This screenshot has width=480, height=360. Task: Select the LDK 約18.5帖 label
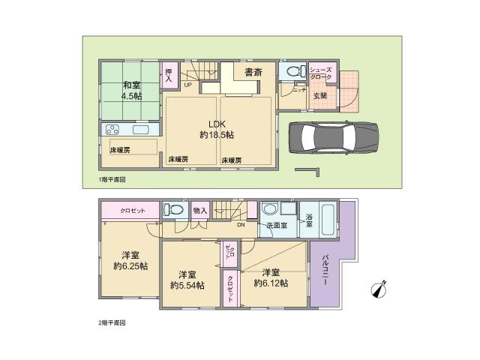[x=216, y=129]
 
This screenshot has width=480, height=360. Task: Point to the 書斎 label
[x=253, y=73]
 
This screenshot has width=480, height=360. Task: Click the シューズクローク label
[x=324, y=73]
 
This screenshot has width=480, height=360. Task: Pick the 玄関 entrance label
[x=320, y=94]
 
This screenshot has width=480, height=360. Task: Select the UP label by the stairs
[x=187, y=85]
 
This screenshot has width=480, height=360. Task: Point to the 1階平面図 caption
[x=112, y=180]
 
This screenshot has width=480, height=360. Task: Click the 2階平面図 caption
[x=112, y=323]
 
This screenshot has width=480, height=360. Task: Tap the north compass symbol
[x=379, y=289]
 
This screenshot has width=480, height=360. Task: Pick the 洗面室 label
[x=274, y=225]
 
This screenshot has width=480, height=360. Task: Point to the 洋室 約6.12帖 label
[x=271, y=277]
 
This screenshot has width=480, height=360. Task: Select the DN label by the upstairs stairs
[x=241, y=225]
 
